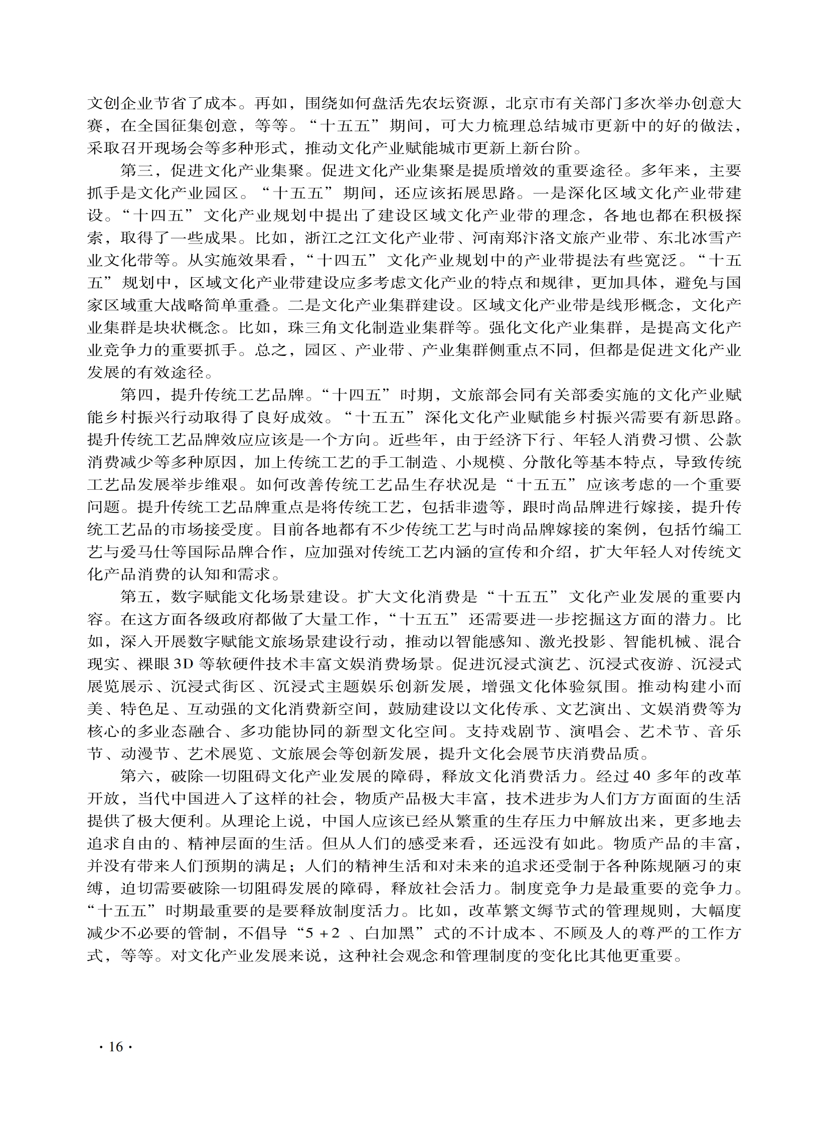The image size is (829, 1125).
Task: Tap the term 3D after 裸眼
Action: point(184,665)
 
